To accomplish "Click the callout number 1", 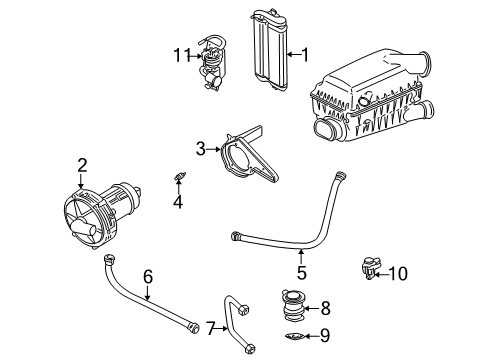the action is point(305,54).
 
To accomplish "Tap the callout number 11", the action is point(182,55).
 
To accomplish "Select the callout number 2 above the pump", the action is point(82,165).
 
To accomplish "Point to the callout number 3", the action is point(201,149).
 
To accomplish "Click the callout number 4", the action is point(178,201).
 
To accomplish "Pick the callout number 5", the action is point(301,272).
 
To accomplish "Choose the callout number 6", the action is point(148,276).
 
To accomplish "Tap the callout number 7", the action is point(210,328).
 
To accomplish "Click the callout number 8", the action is point(325,308).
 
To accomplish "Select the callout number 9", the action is point(325,335).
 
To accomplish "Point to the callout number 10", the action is point(398,274).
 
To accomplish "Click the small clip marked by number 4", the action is point(180,176).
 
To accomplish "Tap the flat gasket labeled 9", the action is point(295,336).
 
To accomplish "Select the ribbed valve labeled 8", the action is point(292,305).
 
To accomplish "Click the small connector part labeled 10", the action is point(371,268).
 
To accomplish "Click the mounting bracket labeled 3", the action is point(248,154).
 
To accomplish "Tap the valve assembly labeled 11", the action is point(211,63).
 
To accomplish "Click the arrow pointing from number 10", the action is point(381,274).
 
